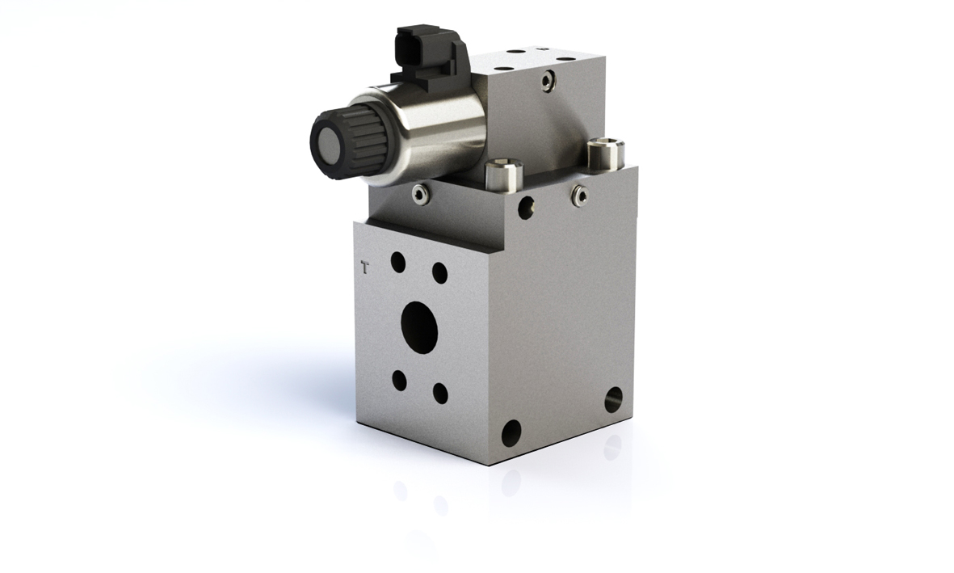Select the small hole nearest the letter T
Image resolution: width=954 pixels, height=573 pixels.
(398, 262)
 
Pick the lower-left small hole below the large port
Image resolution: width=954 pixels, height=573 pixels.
(400, 381)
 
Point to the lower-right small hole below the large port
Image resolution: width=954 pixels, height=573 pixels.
(440, 393)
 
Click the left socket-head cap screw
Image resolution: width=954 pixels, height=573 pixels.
(503, 173)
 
